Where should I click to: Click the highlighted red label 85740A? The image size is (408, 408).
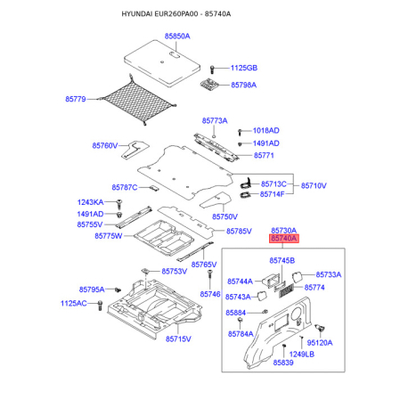(284, 239)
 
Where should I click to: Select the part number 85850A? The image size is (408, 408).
(177, 37)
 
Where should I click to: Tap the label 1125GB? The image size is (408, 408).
(244, 68)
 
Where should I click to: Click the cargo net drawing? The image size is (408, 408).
(137, 101)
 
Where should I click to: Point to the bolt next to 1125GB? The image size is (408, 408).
(212, 69)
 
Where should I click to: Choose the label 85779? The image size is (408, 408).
(76, 99)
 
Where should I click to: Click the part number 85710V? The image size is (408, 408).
(314, 185)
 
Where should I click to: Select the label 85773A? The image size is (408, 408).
(215, 121)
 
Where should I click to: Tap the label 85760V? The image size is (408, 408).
(105, 145)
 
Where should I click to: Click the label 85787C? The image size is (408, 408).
(125, 187)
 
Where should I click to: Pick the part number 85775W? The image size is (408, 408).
(109, 236)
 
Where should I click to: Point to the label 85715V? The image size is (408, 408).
(178, 339)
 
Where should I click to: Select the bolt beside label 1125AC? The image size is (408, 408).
(100, 306)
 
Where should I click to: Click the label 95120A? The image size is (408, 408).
(320, 343)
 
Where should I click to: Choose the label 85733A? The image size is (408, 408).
(329, 274)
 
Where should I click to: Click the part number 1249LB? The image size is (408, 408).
(302, 354)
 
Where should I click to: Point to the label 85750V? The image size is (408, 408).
(224, 216)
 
